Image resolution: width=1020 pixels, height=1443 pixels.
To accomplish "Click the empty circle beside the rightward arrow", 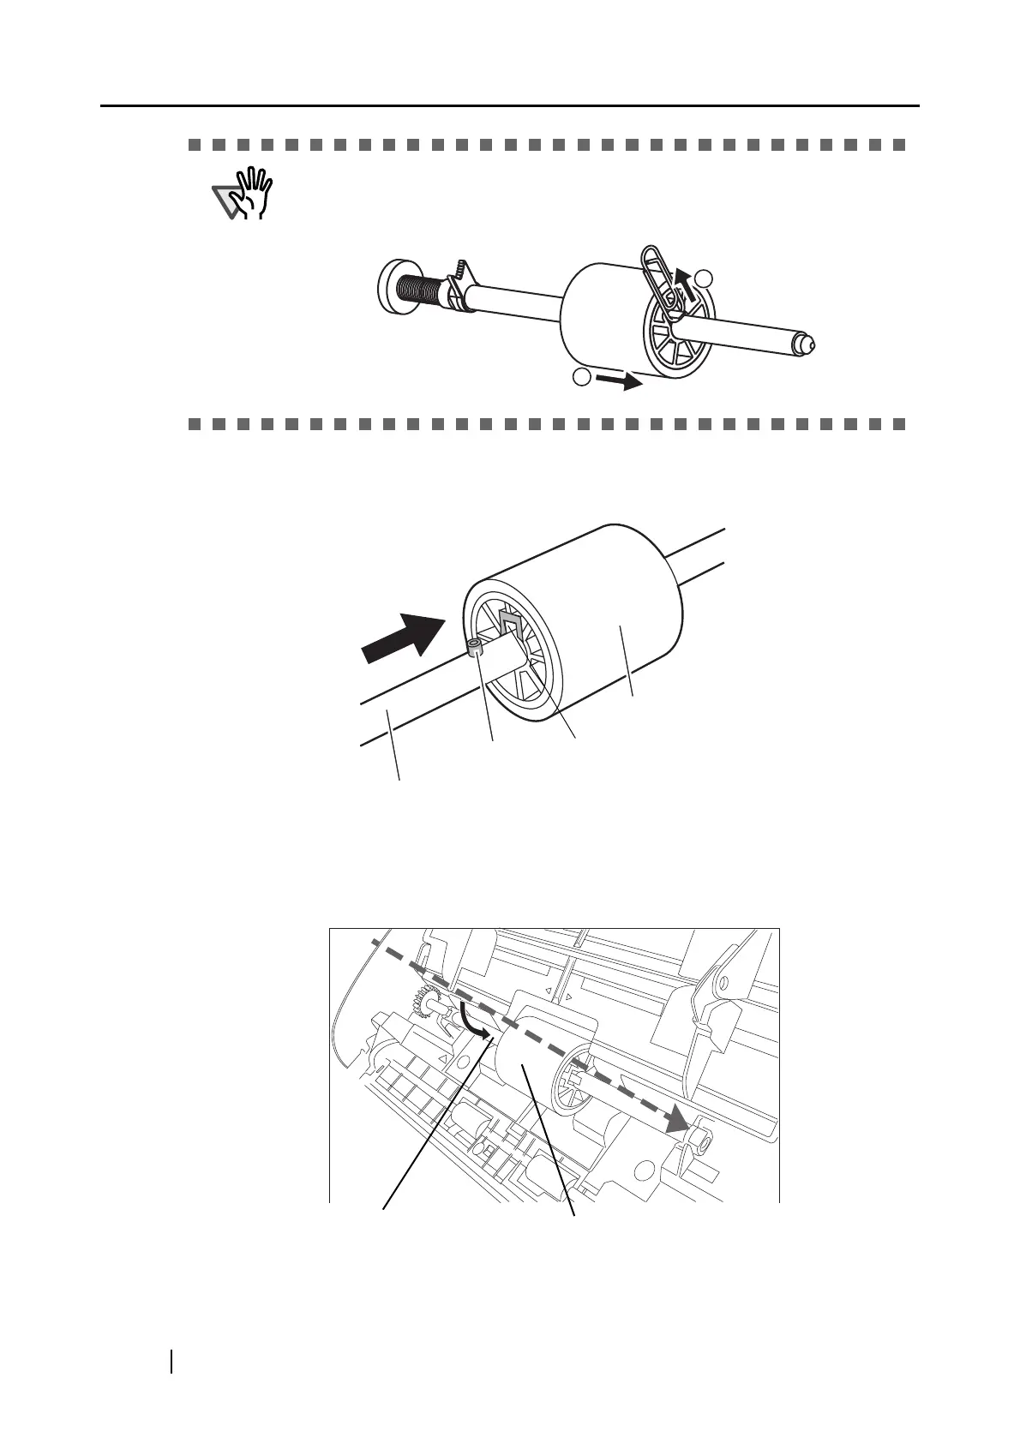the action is (x=582, y=377).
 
